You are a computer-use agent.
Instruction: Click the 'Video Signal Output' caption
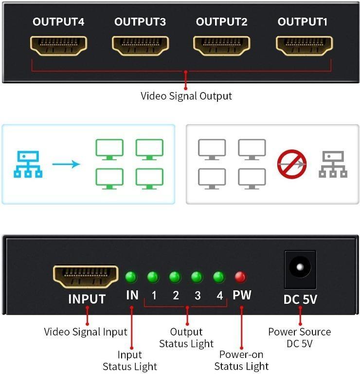point(186,96)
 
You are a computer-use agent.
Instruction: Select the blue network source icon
point(28,164)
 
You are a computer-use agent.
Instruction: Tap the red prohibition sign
point(291,164)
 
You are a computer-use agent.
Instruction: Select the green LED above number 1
point(153,277)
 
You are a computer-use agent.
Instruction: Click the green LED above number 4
point(219,277)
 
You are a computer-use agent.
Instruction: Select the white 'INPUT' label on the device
point(87,299)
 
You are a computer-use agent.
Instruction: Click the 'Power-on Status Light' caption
point(241,360)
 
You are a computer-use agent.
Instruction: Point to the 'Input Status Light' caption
point(130,360)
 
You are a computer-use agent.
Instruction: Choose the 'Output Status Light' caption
point(186,338)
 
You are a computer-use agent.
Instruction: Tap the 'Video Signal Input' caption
point(86,332)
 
